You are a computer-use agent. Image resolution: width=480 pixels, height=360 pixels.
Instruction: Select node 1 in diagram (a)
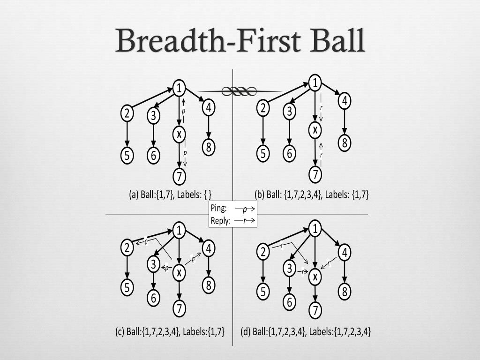click(179, 88)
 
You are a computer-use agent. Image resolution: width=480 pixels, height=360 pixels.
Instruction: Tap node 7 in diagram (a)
click(179, 177)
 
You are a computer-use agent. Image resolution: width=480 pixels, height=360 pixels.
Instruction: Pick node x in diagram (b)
click(315, 130)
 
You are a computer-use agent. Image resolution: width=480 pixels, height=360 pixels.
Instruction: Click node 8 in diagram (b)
click(345, 142)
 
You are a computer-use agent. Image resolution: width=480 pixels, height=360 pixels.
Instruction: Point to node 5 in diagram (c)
click(127, 287)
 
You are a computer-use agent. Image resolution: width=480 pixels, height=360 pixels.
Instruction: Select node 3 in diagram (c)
click(153, 265)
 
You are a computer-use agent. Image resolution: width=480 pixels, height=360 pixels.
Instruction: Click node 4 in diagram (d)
click(345, 253)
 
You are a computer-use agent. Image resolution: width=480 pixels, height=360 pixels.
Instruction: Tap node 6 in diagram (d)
click(290, 302)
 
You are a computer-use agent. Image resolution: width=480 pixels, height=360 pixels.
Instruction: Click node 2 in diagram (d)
click(263, 252)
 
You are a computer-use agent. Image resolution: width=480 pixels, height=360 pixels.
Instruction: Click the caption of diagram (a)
click(171, 195)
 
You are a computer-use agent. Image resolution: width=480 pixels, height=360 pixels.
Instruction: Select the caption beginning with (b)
click(312, 195)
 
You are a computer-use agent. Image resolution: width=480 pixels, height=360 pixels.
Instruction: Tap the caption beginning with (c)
click(170, 331)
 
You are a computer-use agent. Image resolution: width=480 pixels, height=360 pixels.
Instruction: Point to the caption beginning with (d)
click(306, 332)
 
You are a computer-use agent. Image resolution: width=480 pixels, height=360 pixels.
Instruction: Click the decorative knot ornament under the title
click(240, 91)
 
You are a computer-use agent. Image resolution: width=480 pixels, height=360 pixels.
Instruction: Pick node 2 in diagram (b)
click(263, 108)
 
